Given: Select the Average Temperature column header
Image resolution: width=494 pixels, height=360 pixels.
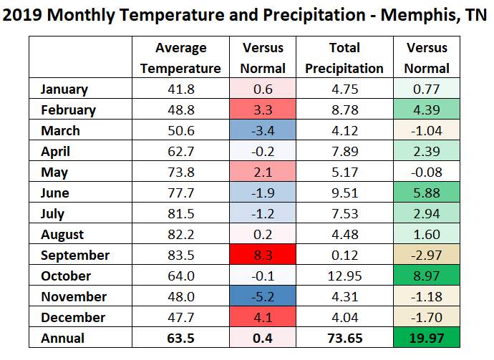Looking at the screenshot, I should (180, 58).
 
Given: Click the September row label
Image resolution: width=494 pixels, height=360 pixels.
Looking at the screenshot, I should (75, 256).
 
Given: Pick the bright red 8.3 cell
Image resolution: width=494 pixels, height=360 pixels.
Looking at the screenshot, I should (263, 256).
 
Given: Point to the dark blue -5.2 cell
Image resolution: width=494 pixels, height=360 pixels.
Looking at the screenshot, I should (263, 297).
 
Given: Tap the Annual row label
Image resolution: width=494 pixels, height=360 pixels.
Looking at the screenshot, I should (62, 339).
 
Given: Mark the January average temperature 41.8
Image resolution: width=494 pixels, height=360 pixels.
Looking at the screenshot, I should (180, 89).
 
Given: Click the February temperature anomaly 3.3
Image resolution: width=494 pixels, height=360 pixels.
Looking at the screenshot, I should (263, 110).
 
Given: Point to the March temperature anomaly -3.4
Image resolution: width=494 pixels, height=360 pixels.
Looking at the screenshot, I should (263, 131).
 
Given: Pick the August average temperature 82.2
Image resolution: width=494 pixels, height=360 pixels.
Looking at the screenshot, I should (180, 235).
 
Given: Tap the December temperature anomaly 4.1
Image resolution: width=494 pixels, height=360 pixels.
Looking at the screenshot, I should (263, 318).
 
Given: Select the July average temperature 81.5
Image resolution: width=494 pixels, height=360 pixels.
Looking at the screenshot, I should (180, 214).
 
